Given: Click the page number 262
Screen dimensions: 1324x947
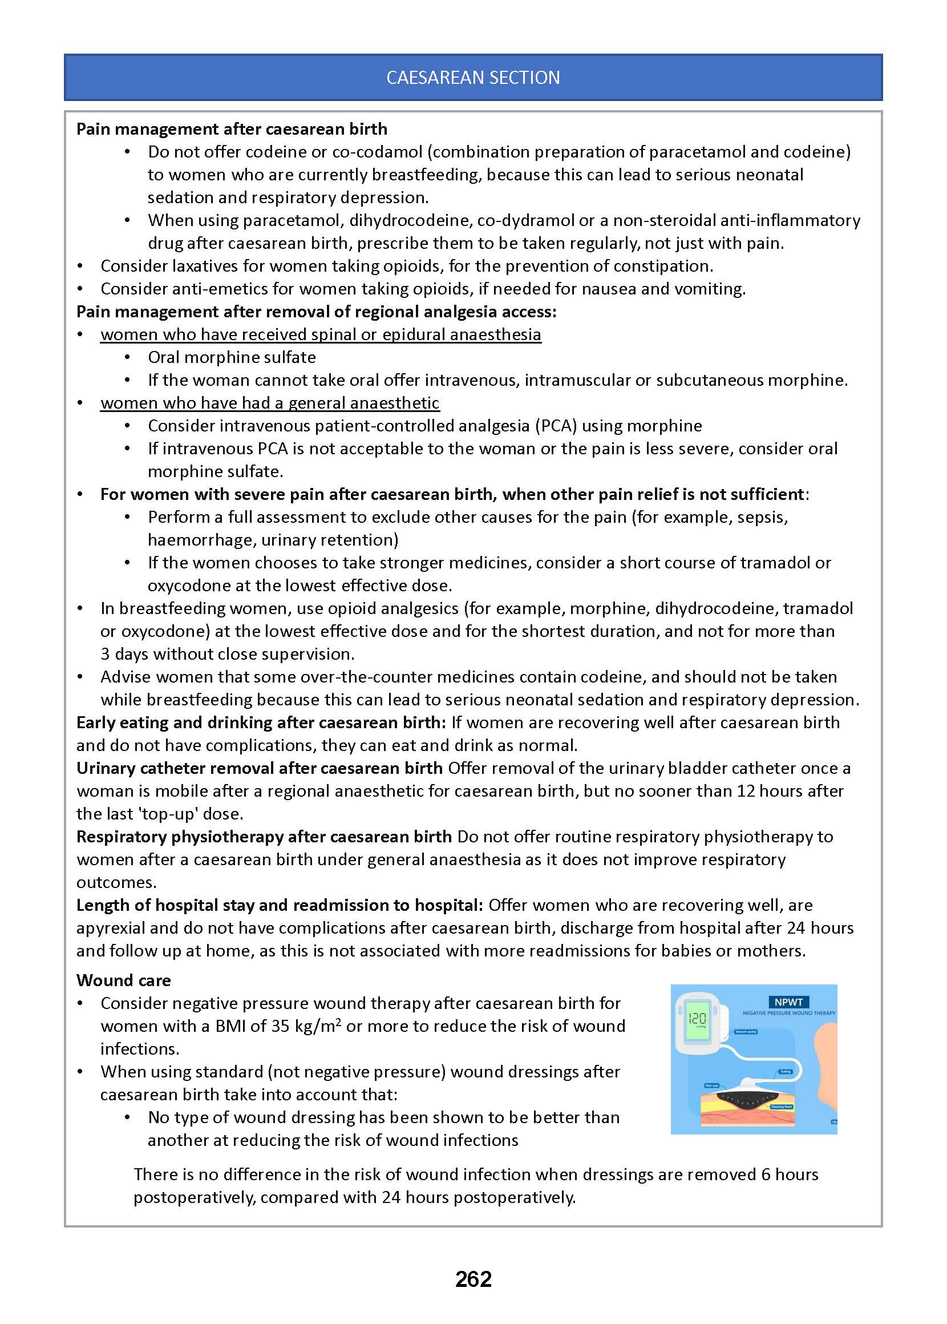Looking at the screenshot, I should click(473, 1278).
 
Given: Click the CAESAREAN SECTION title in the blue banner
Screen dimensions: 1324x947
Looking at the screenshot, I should click(473, 78).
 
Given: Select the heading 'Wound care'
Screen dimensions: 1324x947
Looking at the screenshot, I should click(124, 980).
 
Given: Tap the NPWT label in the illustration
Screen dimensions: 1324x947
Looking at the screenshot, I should click(788, 1002).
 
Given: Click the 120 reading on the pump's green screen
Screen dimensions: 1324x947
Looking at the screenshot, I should click(697, 1018).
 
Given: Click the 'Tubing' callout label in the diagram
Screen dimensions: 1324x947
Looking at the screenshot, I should click(786, 1071).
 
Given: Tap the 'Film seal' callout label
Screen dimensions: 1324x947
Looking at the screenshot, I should click(711, 1085).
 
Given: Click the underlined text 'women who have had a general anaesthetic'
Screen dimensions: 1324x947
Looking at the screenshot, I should click(269, 403).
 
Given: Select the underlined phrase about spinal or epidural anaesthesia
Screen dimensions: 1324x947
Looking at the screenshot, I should click(321, 334).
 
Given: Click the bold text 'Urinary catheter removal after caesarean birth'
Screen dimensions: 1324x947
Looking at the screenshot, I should click(260, 768).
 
